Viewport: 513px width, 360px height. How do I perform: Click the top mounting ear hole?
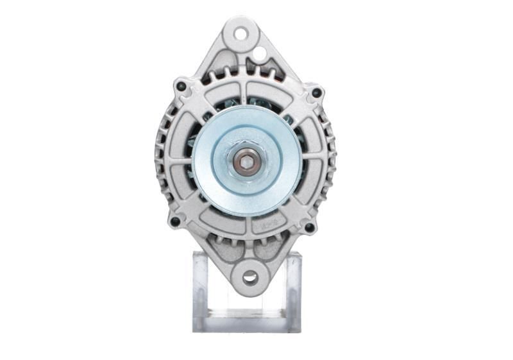coord(240,33)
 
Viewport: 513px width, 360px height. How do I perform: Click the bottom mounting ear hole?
coord(250,277)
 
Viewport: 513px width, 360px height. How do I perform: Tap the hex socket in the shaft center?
coord(247,161)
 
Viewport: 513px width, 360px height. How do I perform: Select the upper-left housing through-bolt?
coord(181,86)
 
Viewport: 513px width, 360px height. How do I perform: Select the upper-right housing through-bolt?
coord(315,93)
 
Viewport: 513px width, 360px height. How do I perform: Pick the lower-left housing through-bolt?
coord(174,221)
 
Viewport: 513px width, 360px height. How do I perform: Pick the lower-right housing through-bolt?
coord(309,227)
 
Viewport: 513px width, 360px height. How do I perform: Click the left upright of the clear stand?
coord(200,289)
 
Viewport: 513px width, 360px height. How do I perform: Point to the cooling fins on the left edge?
coord(160,154)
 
